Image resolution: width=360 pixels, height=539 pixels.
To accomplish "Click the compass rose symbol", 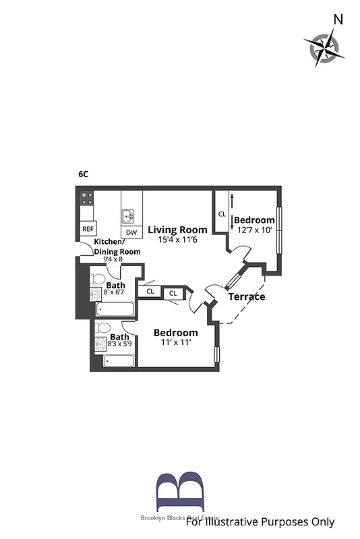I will coord(322,47).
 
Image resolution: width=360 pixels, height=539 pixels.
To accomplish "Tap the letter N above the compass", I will coord(338,20).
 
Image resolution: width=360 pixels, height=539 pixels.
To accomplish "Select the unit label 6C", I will coord(83,174).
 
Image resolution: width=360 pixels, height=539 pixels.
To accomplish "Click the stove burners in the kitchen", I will coord(87,198).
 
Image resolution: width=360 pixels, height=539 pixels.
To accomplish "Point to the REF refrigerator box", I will coord(88,229).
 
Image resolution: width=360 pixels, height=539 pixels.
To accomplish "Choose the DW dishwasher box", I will coord(131,232).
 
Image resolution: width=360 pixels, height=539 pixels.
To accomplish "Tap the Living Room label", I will coord(178,230).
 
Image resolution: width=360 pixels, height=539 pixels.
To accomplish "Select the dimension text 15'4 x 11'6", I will coord(178,239).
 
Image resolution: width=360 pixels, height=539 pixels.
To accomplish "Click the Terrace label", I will coord(246,296).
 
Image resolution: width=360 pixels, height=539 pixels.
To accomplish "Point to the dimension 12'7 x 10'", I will coord(254,230).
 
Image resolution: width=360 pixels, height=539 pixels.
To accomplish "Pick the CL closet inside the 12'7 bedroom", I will coord(222,214).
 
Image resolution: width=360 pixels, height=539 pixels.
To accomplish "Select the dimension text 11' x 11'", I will coord(175,343).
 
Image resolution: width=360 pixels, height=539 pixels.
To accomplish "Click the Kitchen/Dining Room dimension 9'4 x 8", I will coord(113,259).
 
